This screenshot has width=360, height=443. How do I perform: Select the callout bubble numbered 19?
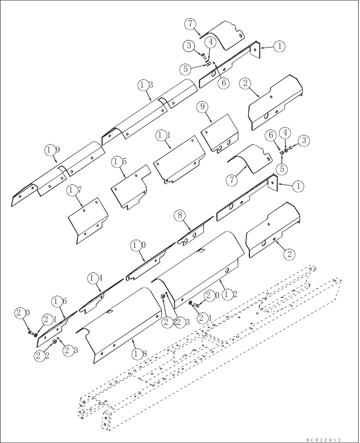coord(52,151)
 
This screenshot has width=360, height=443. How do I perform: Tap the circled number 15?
coord(117,162)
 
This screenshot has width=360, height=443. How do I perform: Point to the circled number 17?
coord(74,190)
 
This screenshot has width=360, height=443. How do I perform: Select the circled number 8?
coord(179,216)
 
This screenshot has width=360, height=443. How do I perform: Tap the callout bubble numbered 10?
coord(136,245)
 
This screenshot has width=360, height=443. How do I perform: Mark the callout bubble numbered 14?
coord(93,278)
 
